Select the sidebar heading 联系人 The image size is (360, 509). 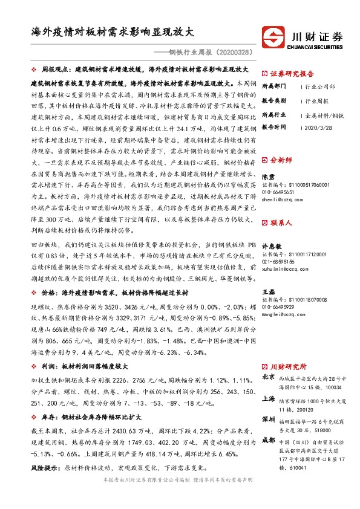(x=283, y=222)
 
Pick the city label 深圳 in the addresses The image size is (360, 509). (x=268, y=418)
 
